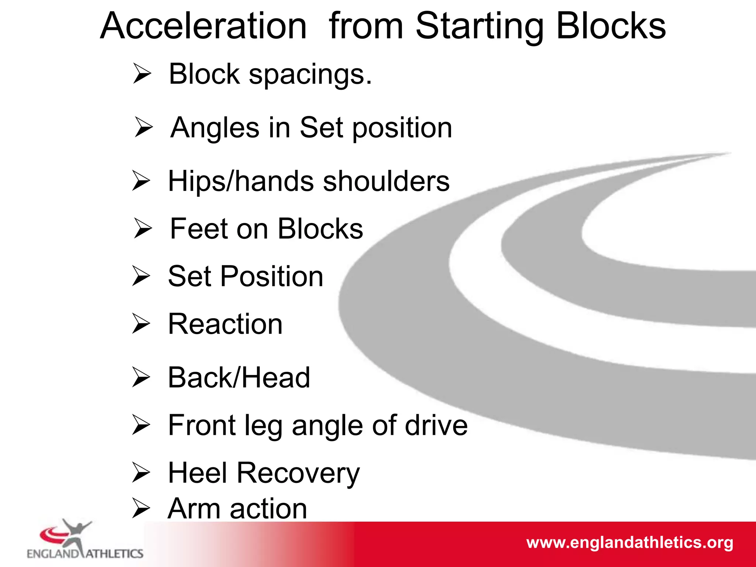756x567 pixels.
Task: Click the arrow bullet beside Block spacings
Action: [142, 73]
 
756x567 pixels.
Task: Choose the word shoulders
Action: [386, 181]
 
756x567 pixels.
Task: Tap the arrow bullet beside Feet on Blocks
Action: [143, 228]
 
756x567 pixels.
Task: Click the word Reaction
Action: [225, 324]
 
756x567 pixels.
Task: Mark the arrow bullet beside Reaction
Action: [141, 324]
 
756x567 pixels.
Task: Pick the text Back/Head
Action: [239, 378]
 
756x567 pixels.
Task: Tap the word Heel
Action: [197, 473]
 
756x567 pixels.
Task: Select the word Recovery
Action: [298, 474]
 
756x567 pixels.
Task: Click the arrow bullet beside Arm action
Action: [141, 508]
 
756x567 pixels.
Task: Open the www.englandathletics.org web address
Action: [629, 543]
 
